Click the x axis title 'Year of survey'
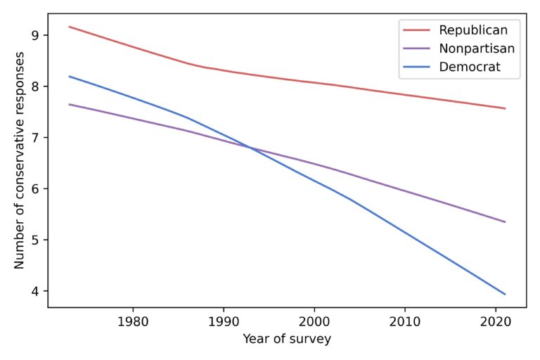[287, 339]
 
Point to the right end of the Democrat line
[505, 294]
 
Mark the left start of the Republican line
[69, 27]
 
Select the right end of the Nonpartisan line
[505, 222]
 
